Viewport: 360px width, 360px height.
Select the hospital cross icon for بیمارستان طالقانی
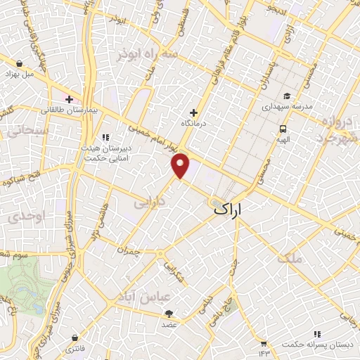pos(70,100)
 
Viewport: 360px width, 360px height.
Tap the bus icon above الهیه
pos(283,129)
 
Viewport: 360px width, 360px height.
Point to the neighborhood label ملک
pos(290,258)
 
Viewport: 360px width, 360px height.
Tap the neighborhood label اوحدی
pos(26,218)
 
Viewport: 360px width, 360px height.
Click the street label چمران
pos(130,250)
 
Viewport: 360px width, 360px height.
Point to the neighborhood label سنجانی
pos(27,131)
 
